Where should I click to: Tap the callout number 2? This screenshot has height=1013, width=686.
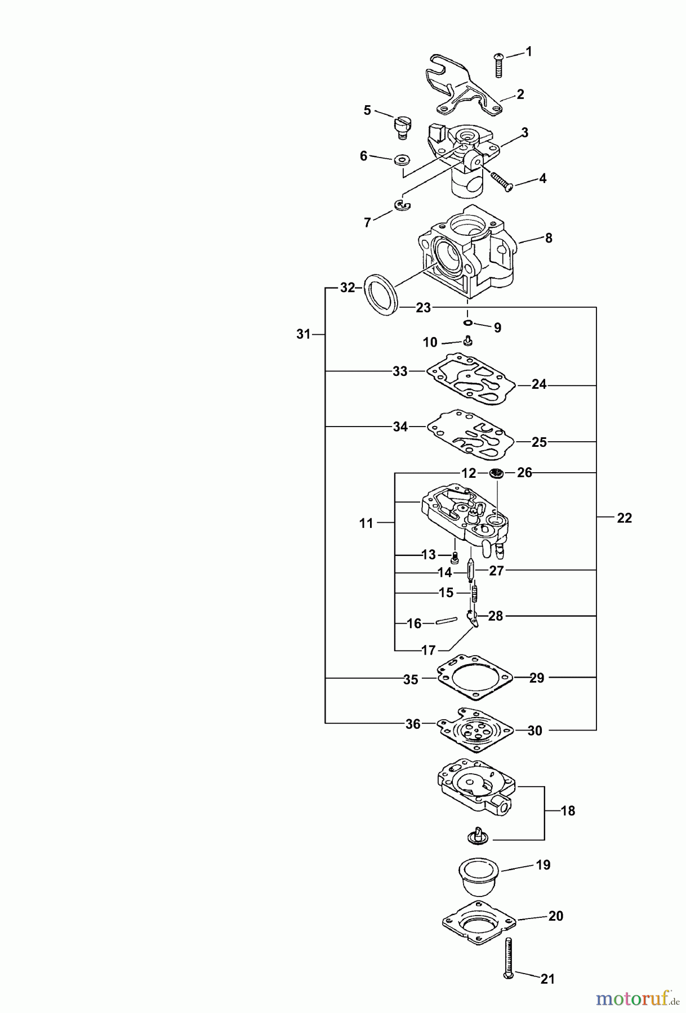520,95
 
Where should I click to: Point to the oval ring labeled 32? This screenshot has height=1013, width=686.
380,298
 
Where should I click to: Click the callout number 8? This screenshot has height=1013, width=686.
549,238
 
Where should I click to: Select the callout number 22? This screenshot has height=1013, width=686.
624,518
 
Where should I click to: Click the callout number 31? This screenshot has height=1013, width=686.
304,334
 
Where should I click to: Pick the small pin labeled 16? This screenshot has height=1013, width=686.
445,622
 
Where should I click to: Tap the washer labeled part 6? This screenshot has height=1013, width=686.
402,160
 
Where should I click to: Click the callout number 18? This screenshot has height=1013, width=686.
568,811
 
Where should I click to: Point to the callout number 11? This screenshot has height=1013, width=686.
366,523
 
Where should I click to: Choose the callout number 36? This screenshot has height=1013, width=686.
413,724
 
